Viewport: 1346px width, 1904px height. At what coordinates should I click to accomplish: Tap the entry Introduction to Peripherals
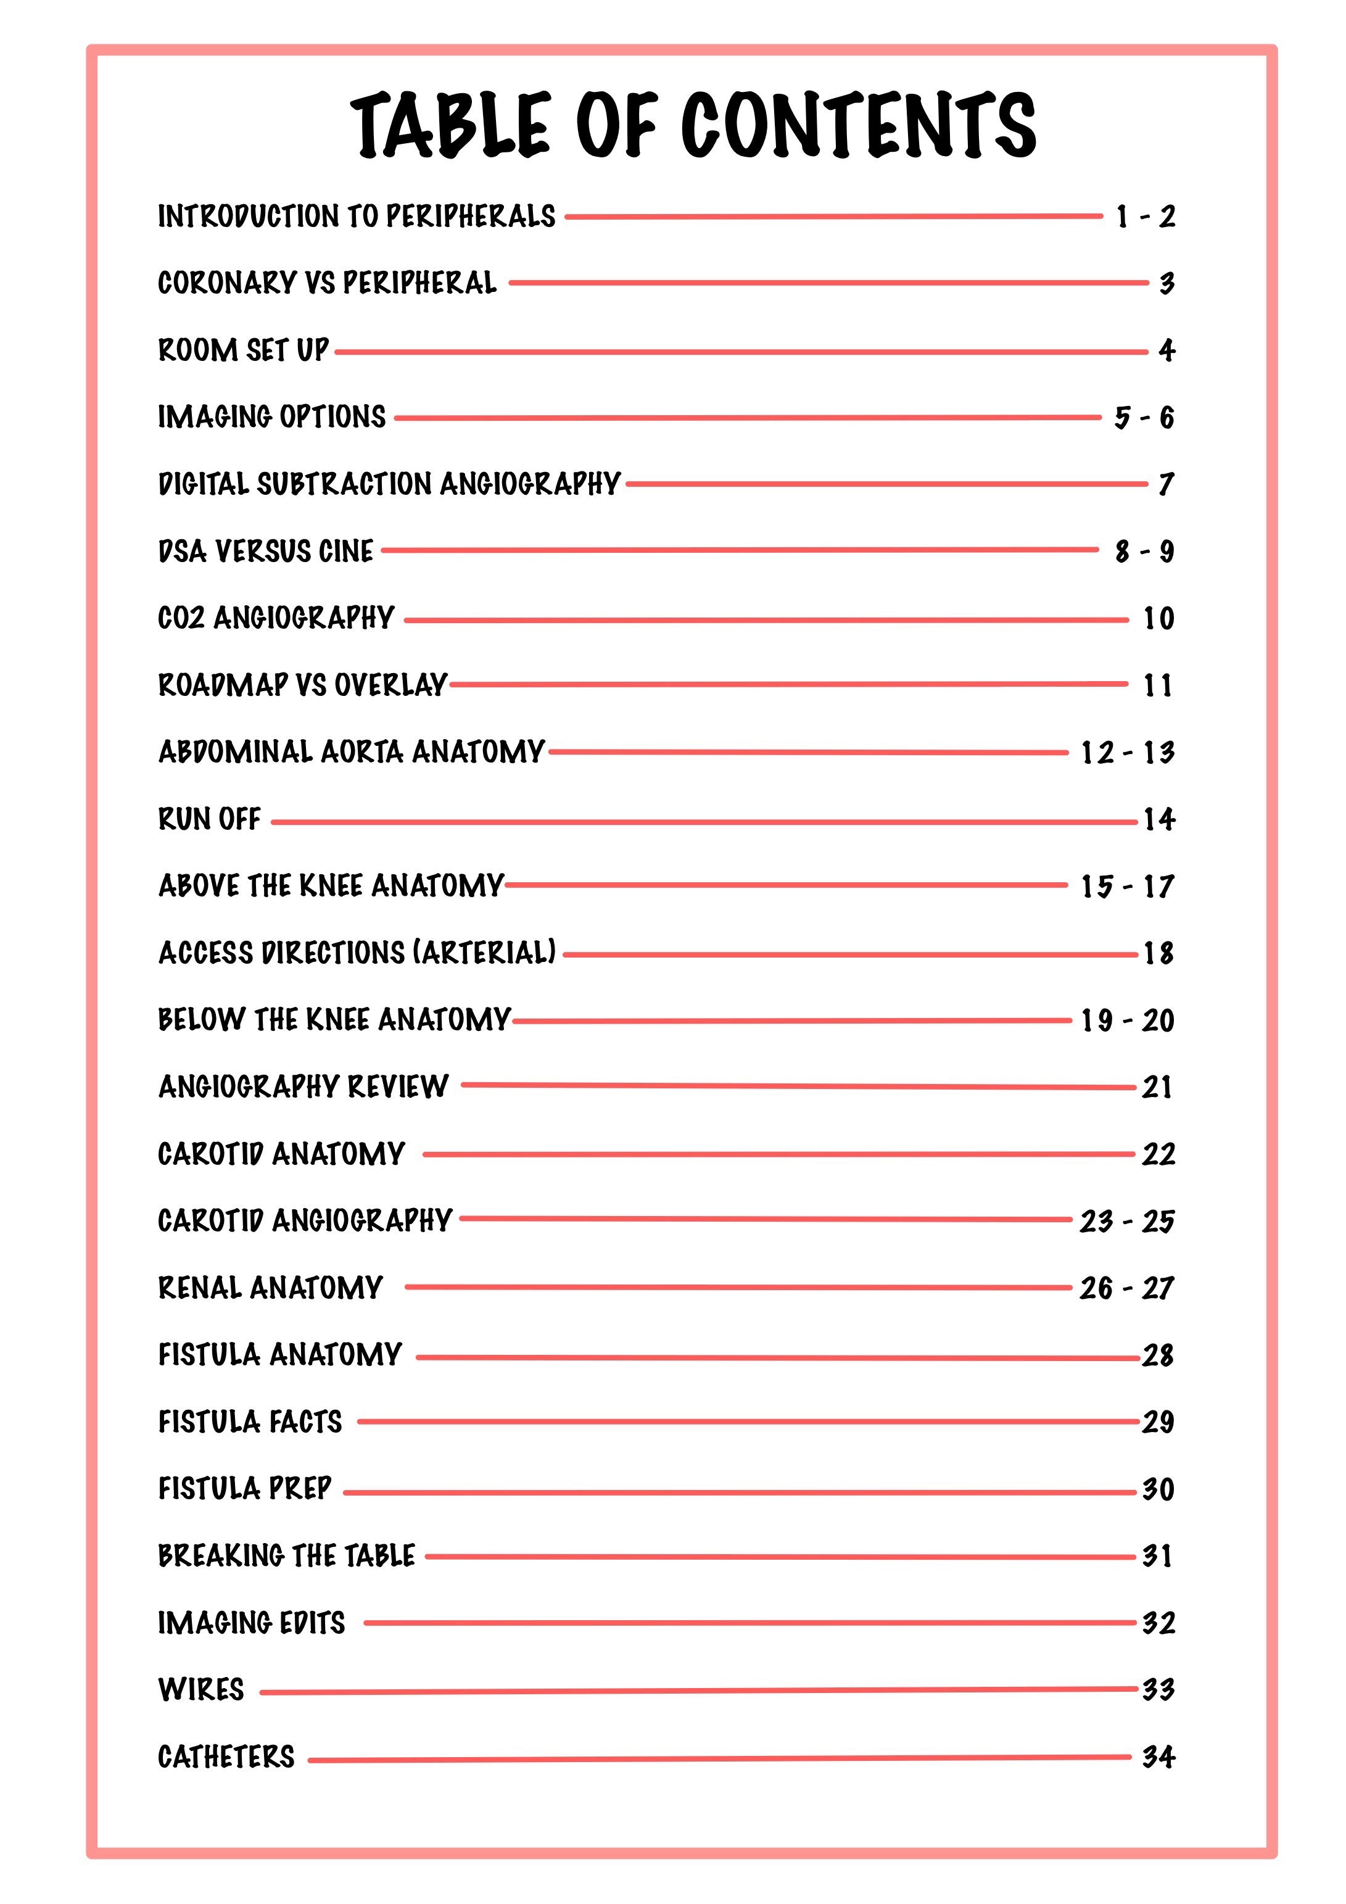click(x=357, y=217)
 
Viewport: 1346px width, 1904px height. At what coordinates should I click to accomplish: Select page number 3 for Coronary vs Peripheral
click(x=1166, y=284)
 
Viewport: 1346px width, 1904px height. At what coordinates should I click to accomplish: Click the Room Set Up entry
click(x=243, y=350)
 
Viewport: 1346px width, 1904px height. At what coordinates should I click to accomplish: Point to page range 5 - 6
click(x=1144, y=417)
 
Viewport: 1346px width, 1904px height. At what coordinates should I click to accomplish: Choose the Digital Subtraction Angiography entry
click(x=389, y=484)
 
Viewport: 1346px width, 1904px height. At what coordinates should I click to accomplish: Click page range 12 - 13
click(x=1127, y=753)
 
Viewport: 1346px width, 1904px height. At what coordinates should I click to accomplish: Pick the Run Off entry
click(x=209, y=819)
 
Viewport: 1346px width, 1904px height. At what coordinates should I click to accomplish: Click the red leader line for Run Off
click(x=705, y=822)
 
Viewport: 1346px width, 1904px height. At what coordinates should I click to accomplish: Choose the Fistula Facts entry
click(x=250, y=1422)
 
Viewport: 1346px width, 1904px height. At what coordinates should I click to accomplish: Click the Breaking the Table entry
click(x=286, y=1555)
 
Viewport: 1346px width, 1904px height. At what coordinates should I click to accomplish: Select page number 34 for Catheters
click(x=1158, y=1757)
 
